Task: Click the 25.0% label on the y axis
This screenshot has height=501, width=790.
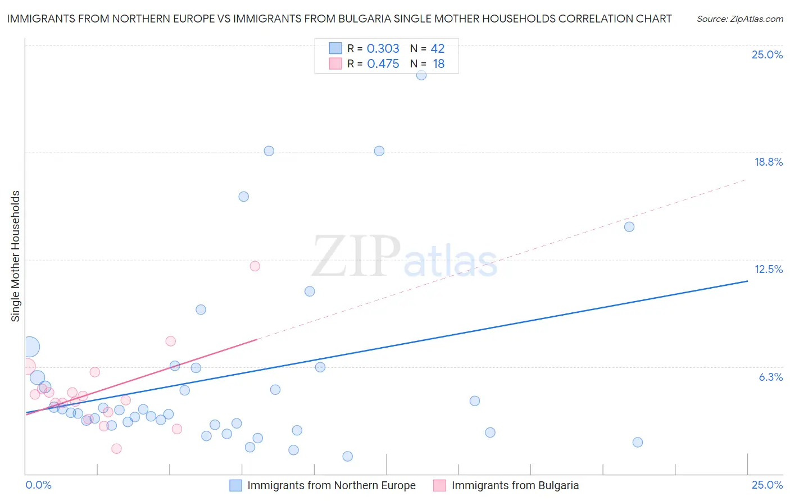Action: pyautogui.click(x=767, y=55)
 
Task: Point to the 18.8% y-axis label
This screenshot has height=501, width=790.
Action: pyautogui.click(x=768, y=162)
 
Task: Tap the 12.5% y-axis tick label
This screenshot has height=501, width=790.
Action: pyautogui.click(x=768, y=270)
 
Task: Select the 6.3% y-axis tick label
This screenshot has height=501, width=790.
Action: pyautogui.click(x=770, y=377)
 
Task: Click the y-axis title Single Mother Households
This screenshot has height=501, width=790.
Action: pyautogui.click(x=16, y=256)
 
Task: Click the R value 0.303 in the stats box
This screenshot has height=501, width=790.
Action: pyautogui.click(x=383, y=49)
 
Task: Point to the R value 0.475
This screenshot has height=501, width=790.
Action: pyautogui.click(x=383, y=64)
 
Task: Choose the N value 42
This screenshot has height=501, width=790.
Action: pyautogui.click(x=437, y=49)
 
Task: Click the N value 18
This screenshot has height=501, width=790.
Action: pyautogui.click(x=438, y=64)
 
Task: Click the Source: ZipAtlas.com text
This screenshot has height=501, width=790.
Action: pyautogui.click(x=739, y=19)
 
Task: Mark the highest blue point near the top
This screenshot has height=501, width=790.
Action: pyautogui.click(x=421, y=75)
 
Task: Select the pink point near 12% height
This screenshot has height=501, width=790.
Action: pyautogui.click(x=255, y=266)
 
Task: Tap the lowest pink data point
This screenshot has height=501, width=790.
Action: pyautogui.click(x=116, y=448)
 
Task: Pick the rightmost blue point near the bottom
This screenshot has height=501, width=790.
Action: pyautogui.click(x=638, y=442)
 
